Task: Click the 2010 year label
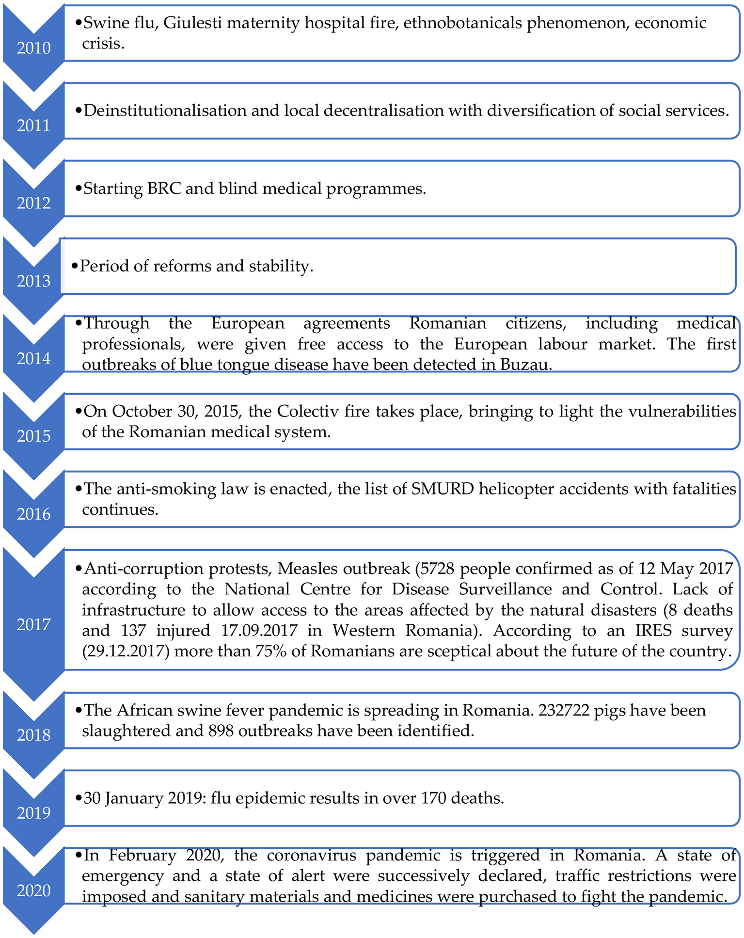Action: [33, 48]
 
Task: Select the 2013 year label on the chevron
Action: [33, 281]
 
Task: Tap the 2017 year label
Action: [33, 625]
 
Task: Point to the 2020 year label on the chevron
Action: [33, 890]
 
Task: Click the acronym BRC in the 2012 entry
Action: [164, 189]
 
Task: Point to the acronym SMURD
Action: [442, 489]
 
